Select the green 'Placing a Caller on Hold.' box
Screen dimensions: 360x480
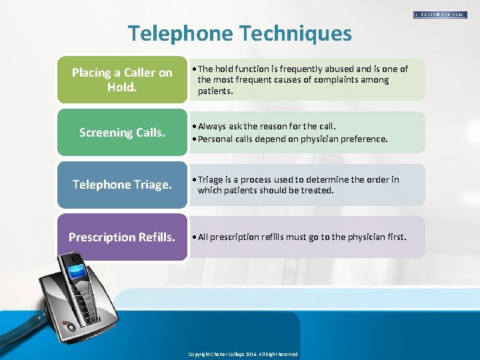coord(122,79)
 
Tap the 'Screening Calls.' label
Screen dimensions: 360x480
coord(122,133)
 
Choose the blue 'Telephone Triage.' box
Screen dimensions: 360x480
coord(122,185)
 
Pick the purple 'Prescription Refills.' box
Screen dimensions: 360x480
coord(122,237)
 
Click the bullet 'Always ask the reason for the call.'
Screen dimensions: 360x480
coord(267,126)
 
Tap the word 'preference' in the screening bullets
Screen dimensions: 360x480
coord(363,139)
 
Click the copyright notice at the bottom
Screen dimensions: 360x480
coord(243,354)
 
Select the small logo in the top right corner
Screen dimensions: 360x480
coord(440,14)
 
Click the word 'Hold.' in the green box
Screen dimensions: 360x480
coord(122,87)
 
